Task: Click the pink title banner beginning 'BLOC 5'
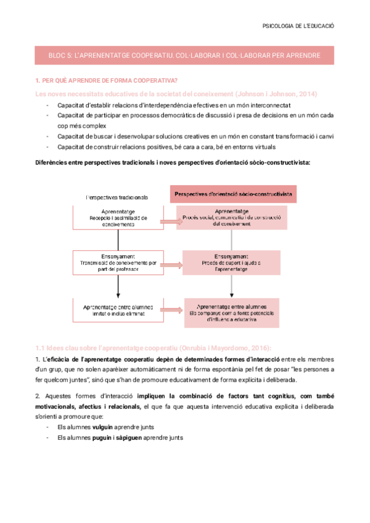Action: pyautogui.click(x=184, y=55)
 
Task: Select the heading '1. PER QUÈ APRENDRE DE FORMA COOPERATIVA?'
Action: pyautogui.click(x=107, y=81)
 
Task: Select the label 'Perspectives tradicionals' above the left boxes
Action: pyautogui.click(x=117, y=197)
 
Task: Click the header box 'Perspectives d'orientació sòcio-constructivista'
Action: pyautogui.click(x=232, y=194)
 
